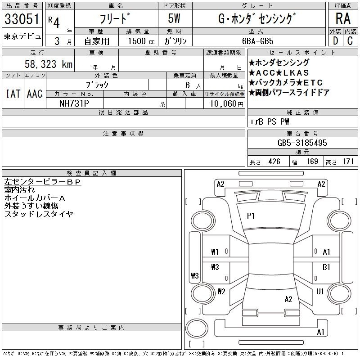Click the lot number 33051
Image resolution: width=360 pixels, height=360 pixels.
pyautogui.click(x=22, y=19)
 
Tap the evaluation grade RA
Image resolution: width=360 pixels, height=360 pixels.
pyautogui.click(x=343, y=18)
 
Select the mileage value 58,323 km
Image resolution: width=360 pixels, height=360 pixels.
pyautogui.click(x=49, y=64)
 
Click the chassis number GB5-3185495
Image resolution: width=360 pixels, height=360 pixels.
pyautogui.click(x=302, y=143)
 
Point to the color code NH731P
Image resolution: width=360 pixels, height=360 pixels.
pyautogui.click(x=74, y=103)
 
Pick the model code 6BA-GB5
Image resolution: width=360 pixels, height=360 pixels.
pyautogui.click(x=258, y=41)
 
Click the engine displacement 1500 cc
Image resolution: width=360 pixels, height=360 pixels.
pyautogui.click(x=141, y=41)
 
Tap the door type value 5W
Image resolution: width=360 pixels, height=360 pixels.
pyautogui.click(x=174, y=18)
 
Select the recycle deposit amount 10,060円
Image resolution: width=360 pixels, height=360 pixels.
pyautogui.click(x=227, y=104)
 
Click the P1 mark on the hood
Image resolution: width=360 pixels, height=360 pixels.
pyautogui.click(x=251, y=216)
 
